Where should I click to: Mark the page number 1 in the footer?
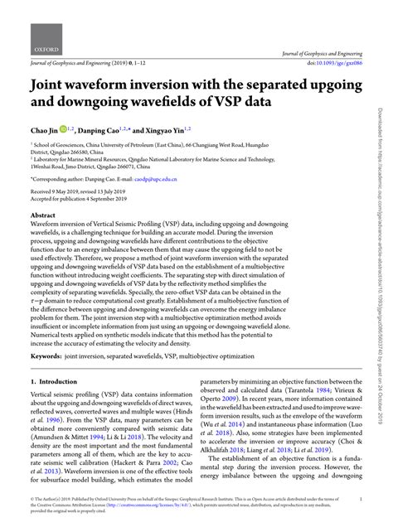click(x=361, y=500)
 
